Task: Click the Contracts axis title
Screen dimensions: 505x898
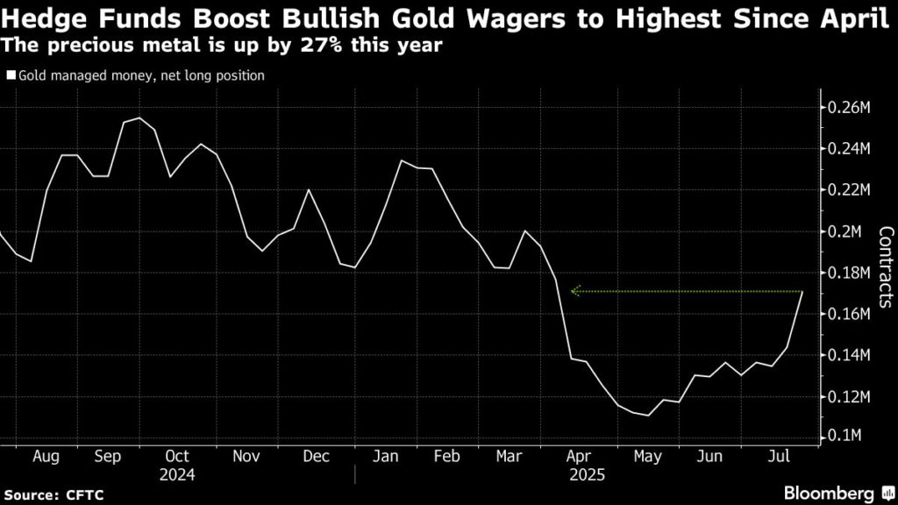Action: tap(885, 267)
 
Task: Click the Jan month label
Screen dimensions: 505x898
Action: tap(386, 457)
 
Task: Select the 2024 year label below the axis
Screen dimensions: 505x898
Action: tap(177, 474)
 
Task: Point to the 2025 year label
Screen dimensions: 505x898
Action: tap(588, 474)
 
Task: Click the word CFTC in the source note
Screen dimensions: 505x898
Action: tap(85, 495)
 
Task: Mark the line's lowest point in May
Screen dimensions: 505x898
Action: tap(647, 416)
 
